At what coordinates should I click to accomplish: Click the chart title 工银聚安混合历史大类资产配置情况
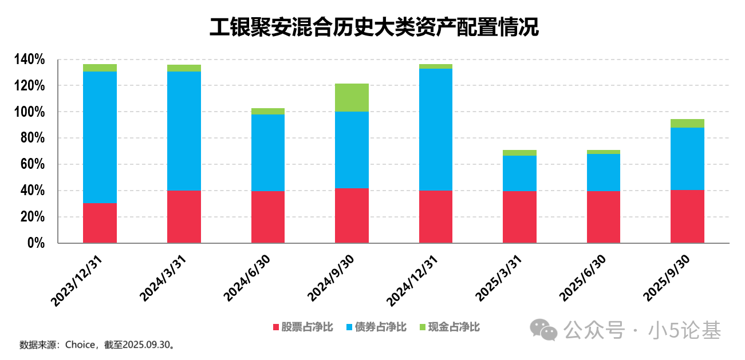coord(374,27)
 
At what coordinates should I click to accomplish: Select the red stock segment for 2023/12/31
coord(100,223)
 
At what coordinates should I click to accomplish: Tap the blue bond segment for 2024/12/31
coord(436,129)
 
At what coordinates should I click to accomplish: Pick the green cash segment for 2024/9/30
coord(352,97)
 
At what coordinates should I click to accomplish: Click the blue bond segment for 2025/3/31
coord(519,173)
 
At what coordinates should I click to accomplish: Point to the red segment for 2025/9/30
coord(687,216)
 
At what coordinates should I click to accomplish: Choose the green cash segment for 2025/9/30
coord(687,123)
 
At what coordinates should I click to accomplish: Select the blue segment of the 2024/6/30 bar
coord(268,152)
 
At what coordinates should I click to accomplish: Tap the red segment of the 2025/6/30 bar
coord(604,216)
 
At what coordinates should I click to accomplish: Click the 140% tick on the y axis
coord(29,60)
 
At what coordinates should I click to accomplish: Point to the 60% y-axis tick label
coord(32,164)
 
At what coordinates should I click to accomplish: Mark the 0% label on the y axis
coord(36,243)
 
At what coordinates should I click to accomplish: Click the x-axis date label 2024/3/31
coord(163,278)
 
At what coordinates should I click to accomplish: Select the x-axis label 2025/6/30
coord(583,278)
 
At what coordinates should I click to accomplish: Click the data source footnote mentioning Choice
coord(97,345)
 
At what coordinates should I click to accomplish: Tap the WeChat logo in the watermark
coord(543,329)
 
